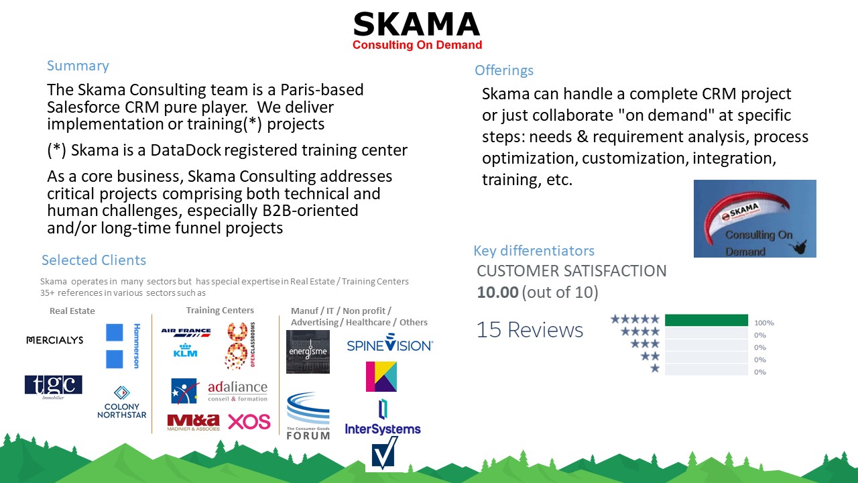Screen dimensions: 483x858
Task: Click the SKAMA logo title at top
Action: pyautogui.click(x=417, y=25)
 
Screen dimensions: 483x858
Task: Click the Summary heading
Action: pyautogui.click(x=78, y=66)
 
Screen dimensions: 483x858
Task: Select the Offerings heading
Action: pyautogui.click(x=504, y=70)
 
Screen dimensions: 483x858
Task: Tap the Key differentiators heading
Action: pyautogui.click(x=534, y=251)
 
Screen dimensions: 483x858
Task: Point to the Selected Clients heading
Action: pyautogui.click(x=94, y=260)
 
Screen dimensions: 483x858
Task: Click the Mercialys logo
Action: pyautogui.click(x=54, y=340)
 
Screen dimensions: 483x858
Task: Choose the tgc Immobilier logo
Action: pyautogui.click(x=54, y=386)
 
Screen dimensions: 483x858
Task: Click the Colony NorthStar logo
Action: pyautogui.click(x=121, y=402)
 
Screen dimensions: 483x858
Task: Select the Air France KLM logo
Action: pyautogui.click(x=186, y=341)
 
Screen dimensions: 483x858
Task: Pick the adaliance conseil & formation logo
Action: pyautogui.click(x=237, y=391)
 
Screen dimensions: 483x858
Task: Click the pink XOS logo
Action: pyautogui.click(x=249, y=422)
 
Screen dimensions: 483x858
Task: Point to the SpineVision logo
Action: pyautogui.click(x=389, y=345)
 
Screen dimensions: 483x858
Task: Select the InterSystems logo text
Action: pyautogui.click(x=383, y=429)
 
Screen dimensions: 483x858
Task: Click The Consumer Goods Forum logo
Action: pyautogui.click(x=308, y=417)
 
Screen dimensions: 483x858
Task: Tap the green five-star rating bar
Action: pyautogui.click(x=706, y=320)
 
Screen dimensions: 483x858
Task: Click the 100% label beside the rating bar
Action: pyautogui.click(x=763, y=323)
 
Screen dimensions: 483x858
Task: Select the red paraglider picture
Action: pyautogui.click(x=755, y=218)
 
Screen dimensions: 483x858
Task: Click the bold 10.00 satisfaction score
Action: pyautogui.click(x=497, y=292)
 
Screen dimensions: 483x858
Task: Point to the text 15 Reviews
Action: pyautogui.click(x=530, y=329)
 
